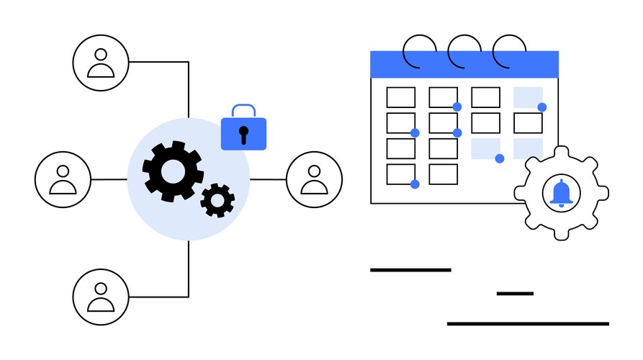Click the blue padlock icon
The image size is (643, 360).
point(243,132)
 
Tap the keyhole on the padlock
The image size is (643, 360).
point(243,133)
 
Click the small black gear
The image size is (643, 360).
point(217,200)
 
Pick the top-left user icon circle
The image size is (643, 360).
point(101,63)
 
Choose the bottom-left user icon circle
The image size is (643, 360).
point(101,296)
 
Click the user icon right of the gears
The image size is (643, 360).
point(314,179)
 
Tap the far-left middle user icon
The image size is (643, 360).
point(63,179)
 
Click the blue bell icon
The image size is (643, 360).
point(561,192)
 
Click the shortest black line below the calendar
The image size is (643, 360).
point(515,293)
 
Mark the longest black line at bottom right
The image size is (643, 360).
point(528,323)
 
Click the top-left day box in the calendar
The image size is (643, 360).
point(401,97)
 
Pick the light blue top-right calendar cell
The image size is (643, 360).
point(527,96)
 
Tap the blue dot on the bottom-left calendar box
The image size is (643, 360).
point(415,184)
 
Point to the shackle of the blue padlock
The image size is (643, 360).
point(243,111)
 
